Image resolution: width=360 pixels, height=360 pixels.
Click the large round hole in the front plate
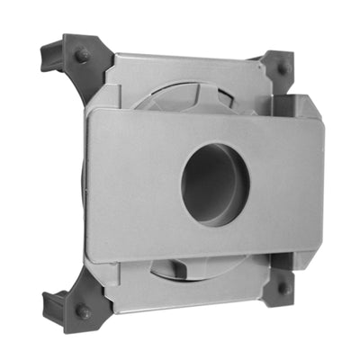pos(215,184)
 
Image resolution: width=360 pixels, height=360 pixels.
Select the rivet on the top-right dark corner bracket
pos(283,68)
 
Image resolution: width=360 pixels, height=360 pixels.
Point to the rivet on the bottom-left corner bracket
pos(83,310)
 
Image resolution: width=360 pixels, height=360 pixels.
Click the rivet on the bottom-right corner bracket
pos(283,289)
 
